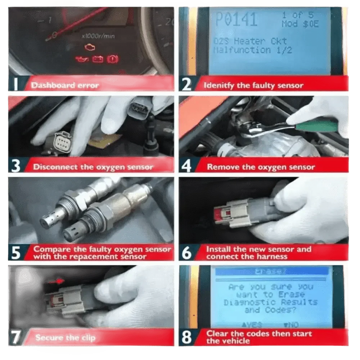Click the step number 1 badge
point(16,84)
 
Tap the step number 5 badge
point(16,252)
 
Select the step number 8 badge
point(186,337)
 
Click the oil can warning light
point(81,59)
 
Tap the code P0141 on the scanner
point(236,19)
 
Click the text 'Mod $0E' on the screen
point(299,23)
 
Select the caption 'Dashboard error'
point(65,85)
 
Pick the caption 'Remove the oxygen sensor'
point(260,167)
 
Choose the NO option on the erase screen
point(291,324)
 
